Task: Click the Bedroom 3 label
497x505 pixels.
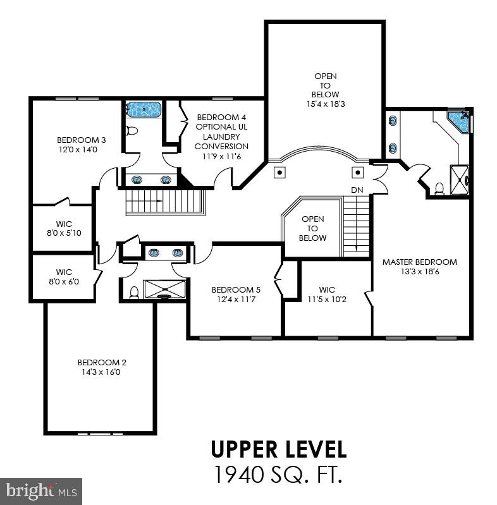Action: (81, 140)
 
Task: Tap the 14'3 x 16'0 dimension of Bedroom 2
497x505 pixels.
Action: (101, 372)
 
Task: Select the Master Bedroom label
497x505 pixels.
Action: (420, 262)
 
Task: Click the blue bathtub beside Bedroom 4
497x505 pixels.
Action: (143, 109)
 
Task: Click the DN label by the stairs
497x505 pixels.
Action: (357, 190)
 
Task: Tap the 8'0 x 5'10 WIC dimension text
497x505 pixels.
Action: (64, 233)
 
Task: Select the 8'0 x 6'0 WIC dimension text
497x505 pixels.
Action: (64, 281)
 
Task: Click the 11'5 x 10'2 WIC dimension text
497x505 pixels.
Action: (327, 299)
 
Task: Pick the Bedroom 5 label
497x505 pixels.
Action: (236, 290)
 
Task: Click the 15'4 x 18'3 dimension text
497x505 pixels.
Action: (326, 104)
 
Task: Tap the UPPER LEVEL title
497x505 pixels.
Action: (278, 449)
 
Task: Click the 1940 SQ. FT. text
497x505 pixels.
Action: (278, 475)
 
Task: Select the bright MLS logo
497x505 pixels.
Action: (41, 491)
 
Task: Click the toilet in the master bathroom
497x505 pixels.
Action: (439, 188)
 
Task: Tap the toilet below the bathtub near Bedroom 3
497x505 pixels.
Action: (132, 130)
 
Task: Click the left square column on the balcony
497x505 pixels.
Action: (279, 173)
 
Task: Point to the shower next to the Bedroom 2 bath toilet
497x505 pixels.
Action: (164, 289)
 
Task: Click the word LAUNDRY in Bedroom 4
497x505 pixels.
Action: (221, 137)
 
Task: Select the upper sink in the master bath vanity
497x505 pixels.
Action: (393, 121)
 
